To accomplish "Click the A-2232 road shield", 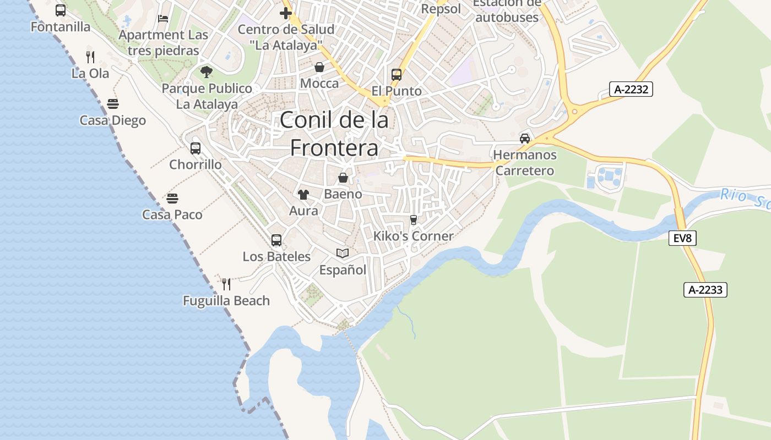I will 631,89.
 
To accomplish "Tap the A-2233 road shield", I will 705,290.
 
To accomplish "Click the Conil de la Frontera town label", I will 334,134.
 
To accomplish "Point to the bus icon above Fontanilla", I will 61,10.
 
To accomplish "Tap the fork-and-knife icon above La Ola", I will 90,57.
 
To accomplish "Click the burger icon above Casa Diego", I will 113,104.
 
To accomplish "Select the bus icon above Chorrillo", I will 196,148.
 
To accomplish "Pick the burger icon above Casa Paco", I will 172,198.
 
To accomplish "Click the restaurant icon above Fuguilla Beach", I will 226,284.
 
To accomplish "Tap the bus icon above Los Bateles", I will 276,240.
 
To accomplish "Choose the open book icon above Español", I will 343,253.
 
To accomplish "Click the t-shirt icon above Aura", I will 303,194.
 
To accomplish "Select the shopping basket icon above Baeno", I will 343,178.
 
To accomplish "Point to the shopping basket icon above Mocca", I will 319,67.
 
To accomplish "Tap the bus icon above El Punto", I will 397,74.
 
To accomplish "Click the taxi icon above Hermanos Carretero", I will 525,138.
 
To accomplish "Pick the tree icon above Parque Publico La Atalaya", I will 207,71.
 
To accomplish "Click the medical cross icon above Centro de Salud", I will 285,13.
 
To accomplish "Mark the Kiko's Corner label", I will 414,236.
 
